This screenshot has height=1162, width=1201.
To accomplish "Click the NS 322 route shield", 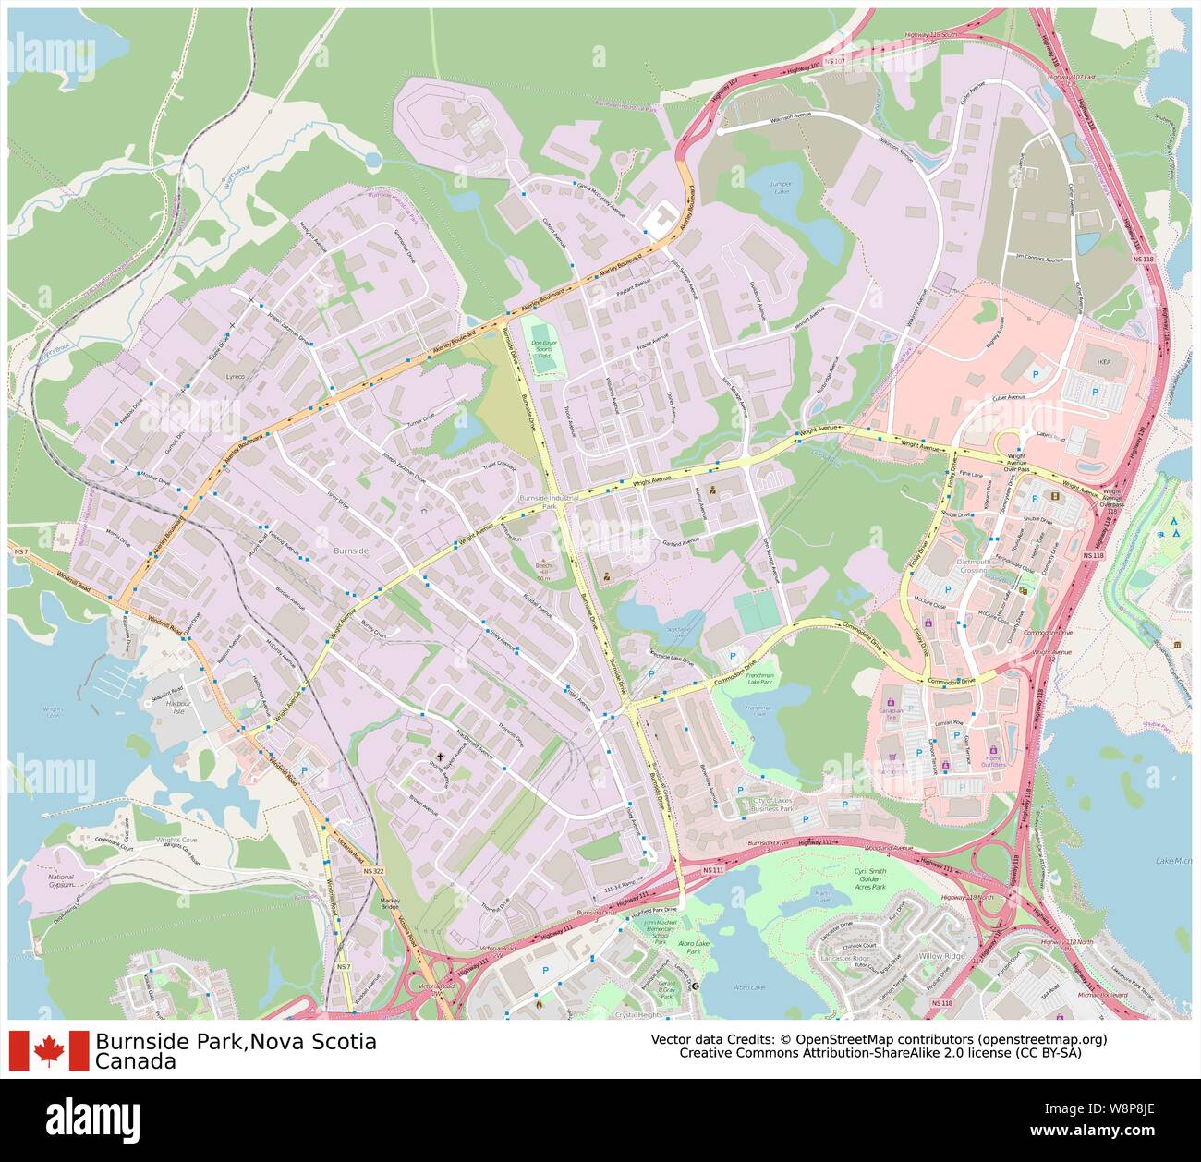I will (x=373, y=871).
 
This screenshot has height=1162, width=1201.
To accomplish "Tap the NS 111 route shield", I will (x=712, y=870).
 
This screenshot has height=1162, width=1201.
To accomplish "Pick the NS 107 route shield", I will (x=834, y=61).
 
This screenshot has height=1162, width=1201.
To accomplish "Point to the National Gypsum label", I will (x=60, y=881).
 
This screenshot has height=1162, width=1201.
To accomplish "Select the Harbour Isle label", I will (x=177, y=708).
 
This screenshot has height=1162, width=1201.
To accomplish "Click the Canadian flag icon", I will (x=49, y=1051).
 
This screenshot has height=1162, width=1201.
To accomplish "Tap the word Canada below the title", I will (x=135, y=1062).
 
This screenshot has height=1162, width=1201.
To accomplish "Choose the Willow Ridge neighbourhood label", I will (x=941, y=956).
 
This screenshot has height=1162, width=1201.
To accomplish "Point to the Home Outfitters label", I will (x=993, y=762).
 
